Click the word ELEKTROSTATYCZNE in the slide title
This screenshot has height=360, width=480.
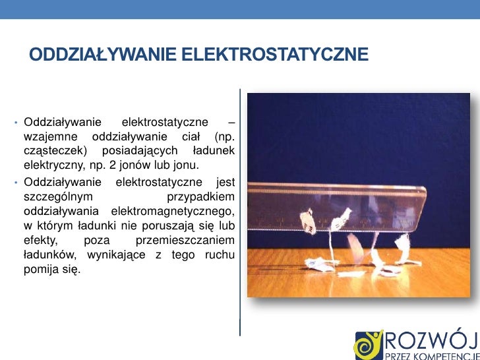click(x=274, y=54)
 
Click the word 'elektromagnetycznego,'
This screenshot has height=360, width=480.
click(x=173, y=210)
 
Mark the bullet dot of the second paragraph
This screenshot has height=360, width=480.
click(x=15, y=182)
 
